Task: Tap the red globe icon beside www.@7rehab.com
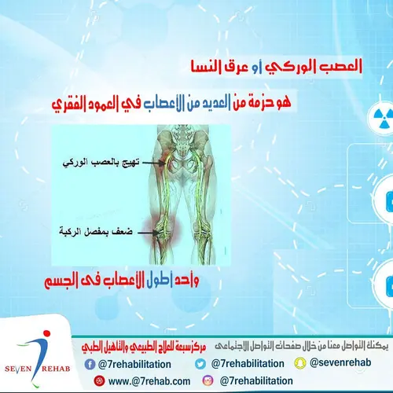[x=98, y=381]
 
